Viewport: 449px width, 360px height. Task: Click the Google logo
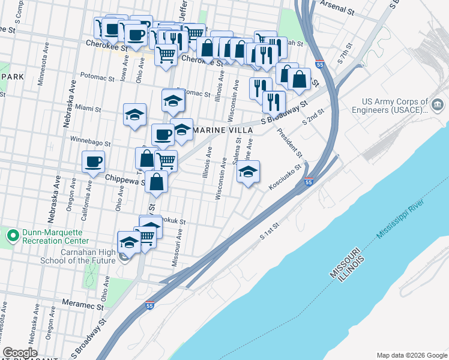coord(20,353)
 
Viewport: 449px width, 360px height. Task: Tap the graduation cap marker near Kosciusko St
coord(248,173)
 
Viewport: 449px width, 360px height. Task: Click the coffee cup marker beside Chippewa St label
coord(93,162)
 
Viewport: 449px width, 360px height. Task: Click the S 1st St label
coord(271,233)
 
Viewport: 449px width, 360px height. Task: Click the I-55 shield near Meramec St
coord(149,307)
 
